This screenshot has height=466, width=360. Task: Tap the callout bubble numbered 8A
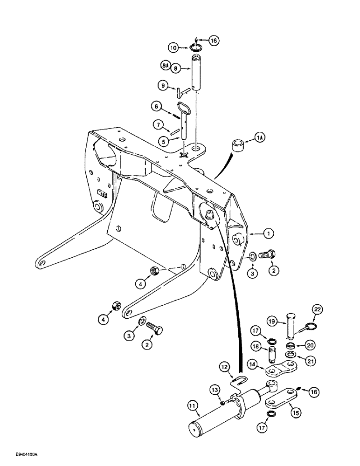165,66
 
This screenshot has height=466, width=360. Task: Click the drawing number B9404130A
19,454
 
